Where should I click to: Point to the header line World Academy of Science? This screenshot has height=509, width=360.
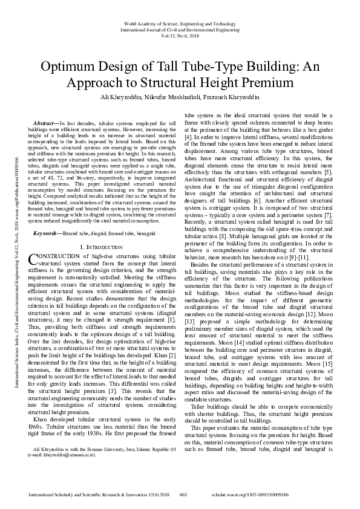(x=179, y=22)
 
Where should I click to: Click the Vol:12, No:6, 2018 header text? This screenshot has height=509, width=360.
(x=180, y=34)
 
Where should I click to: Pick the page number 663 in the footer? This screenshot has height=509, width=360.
(x=184, y=495)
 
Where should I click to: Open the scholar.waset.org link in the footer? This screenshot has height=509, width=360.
(x=289, y=495)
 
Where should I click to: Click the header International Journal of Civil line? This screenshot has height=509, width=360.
(x=179, y=28)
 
